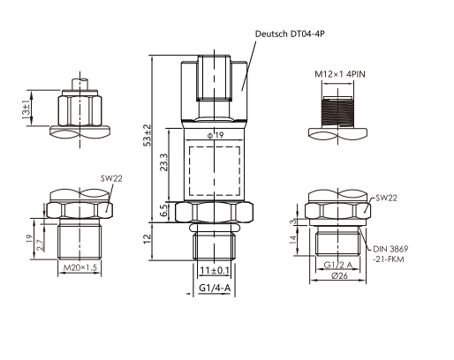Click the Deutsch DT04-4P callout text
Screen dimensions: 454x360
pos(290,34)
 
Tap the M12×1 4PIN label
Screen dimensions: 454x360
pos(340,74)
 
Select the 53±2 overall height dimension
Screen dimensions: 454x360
pos(148,135)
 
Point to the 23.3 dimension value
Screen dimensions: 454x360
pos(163,162)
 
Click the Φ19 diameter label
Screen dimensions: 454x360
pos(216,135)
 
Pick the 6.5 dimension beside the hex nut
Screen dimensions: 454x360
pos(164,211)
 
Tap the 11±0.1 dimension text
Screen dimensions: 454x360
pos(215,270)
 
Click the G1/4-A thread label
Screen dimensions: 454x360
pos(215,288)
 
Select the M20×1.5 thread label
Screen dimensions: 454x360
pos(80,267)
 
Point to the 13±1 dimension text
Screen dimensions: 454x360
pos(26,110)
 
